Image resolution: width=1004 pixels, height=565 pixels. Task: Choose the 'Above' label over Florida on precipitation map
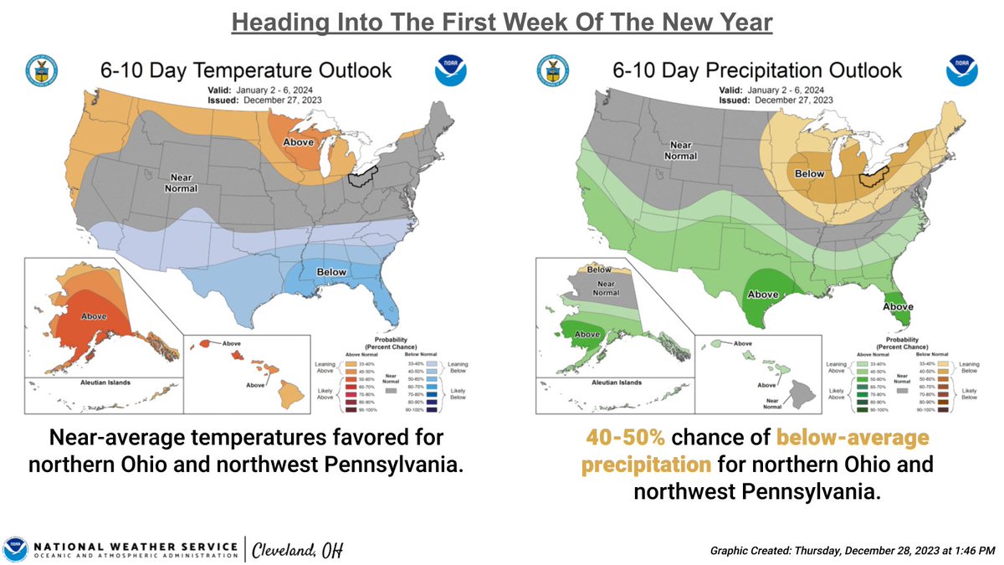click(899, 306)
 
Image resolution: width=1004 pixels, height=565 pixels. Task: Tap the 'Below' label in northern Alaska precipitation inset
click(598, 270)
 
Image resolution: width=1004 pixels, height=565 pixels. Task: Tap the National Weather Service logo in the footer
click(14, 549)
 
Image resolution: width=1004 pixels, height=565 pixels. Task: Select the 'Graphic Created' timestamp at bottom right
click(852, 550)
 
